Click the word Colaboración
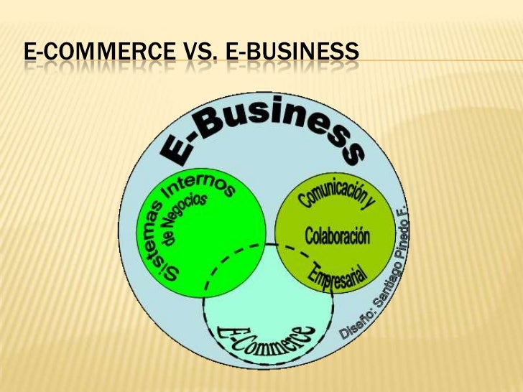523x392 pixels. [337, 235]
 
